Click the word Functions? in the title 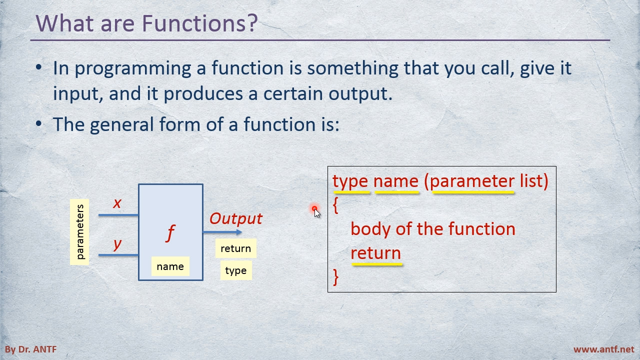point(199,23)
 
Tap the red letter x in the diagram point(117,203)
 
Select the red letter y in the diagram point(117,244)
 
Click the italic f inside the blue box point(170,232)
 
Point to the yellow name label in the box point(170,266)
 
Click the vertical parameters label point(79,232)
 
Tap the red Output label point(235,218)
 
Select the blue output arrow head point(239,232)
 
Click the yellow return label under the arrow point(235,248)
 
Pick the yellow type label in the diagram point(235,270)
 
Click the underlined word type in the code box point(350,181)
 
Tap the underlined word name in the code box point(396,181)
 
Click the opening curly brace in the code point(335,205)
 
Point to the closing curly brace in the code point(335,276)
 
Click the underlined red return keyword point(375,253)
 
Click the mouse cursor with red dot point(316,211)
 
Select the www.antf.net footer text point(603,349)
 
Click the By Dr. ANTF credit point(31,349)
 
